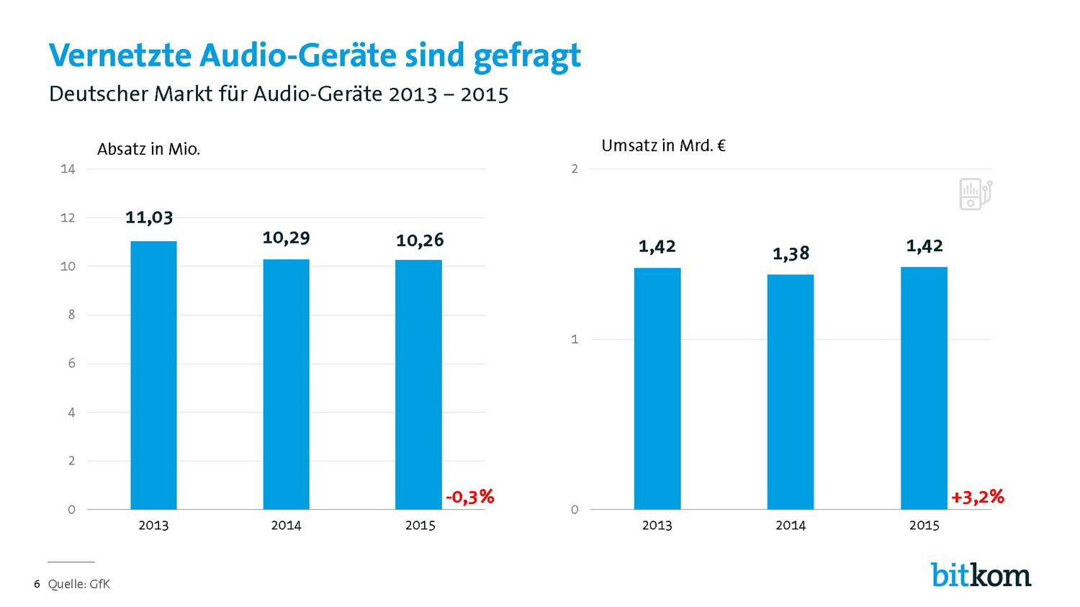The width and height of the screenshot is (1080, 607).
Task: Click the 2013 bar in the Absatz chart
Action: coord(153,375)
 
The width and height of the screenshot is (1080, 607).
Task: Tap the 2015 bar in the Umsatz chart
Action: coord(924,388)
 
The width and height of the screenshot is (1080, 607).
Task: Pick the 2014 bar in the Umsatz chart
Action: coord(791,392)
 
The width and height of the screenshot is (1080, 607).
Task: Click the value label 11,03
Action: coord(149,217)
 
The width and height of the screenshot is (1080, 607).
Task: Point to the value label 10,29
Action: coord(286,238)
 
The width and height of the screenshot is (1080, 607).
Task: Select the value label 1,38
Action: coord(791,253)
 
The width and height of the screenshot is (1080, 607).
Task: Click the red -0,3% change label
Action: coord(469,497)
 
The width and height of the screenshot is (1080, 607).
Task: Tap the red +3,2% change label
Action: coord(977,497)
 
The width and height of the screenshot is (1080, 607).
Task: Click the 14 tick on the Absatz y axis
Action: coord(68,169)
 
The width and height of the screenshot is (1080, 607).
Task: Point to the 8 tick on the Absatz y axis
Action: coord(71,315)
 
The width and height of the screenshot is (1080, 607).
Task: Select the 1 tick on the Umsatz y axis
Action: coord(575,339)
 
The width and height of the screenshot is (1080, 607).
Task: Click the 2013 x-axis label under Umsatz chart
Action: coord(657,526)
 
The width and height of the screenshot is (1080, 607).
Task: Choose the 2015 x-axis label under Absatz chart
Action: coord(420,526)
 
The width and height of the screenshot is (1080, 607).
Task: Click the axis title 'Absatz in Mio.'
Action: coord(148,149)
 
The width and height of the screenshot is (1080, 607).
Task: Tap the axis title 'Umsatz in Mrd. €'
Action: coord(663,145)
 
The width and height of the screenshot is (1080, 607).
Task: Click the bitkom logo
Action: coord(981,575)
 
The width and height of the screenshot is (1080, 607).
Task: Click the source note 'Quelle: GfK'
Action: coord(78,584)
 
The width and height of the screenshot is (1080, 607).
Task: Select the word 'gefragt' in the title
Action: coord(527,56)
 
